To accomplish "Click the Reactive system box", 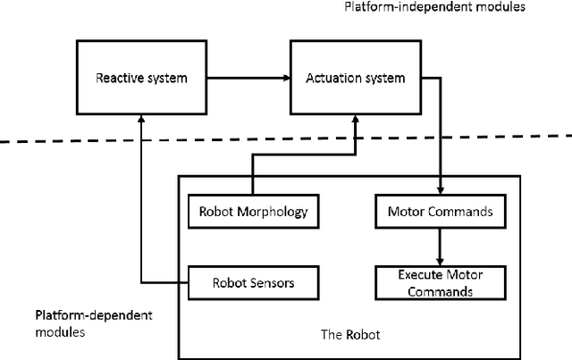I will click(141, 78).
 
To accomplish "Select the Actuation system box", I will click(356, 78).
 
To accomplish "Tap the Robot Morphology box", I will click(253, 212).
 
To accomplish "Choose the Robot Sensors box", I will click(253, 282).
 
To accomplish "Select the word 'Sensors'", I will click(273, 282).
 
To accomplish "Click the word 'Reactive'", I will click(117, 78).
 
